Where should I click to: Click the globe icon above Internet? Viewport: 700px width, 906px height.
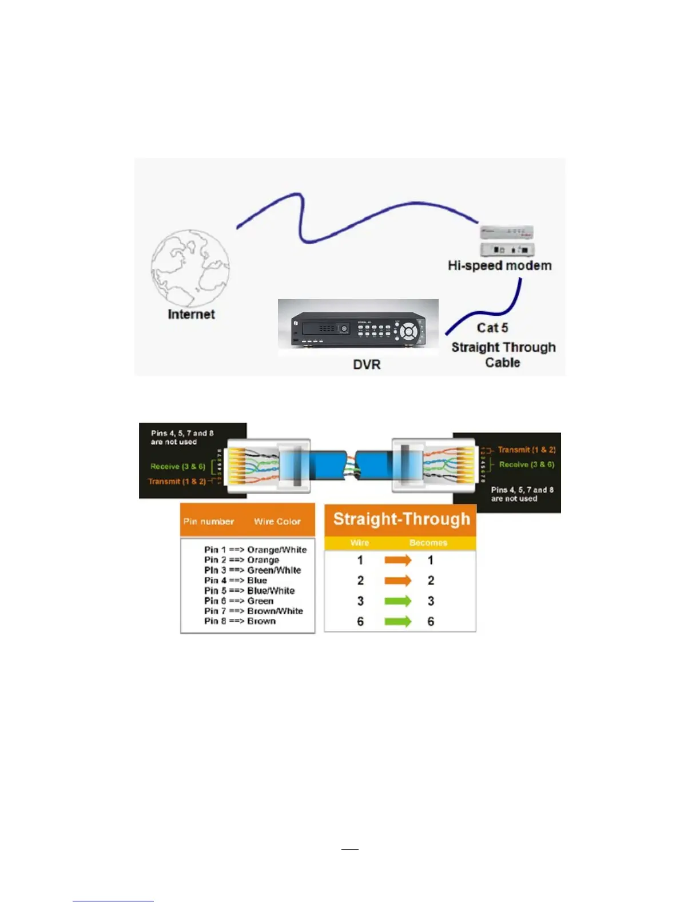(x=190, y=268)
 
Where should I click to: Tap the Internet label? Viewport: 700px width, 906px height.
(x=191, y=315)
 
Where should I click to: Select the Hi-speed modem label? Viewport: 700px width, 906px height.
(x=499, y=265)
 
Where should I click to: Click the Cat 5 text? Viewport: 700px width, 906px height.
(x=492, y=328)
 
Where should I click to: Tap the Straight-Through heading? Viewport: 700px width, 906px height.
(x=401, y=519)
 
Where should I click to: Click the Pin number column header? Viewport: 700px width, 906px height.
(x=209, y=522)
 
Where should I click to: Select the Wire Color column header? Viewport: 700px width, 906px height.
(x=277, y=522)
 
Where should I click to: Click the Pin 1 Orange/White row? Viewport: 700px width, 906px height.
(x=255, y=550)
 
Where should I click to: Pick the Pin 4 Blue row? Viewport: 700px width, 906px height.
(x=236, y=581)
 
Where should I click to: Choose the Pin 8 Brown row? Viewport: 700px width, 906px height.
(x=240, y=621)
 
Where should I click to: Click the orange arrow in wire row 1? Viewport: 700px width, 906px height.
(x=397, y=560)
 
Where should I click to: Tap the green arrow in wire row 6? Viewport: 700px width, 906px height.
(x=397, y=621)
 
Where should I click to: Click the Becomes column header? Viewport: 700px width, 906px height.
(x=428, y=543)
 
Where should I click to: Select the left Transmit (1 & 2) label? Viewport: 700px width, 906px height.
(x=177, y=482)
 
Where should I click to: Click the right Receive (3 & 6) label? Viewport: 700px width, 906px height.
(x=526, y=464)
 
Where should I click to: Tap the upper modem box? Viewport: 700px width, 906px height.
(x=507, y=232)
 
